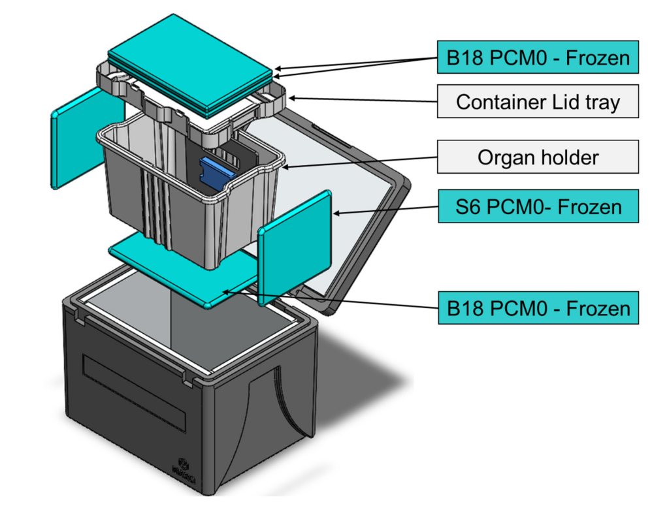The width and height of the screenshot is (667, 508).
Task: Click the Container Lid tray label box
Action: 538,101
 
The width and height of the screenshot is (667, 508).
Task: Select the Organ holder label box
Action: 538,157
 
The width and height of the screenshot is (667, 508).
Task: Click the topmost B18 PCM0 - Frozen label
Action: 538,58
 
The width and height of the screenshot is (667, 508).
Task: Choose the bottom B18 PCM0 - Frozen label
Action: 538,308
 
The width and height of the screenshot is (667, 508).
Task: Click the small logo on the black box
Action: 182,468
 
